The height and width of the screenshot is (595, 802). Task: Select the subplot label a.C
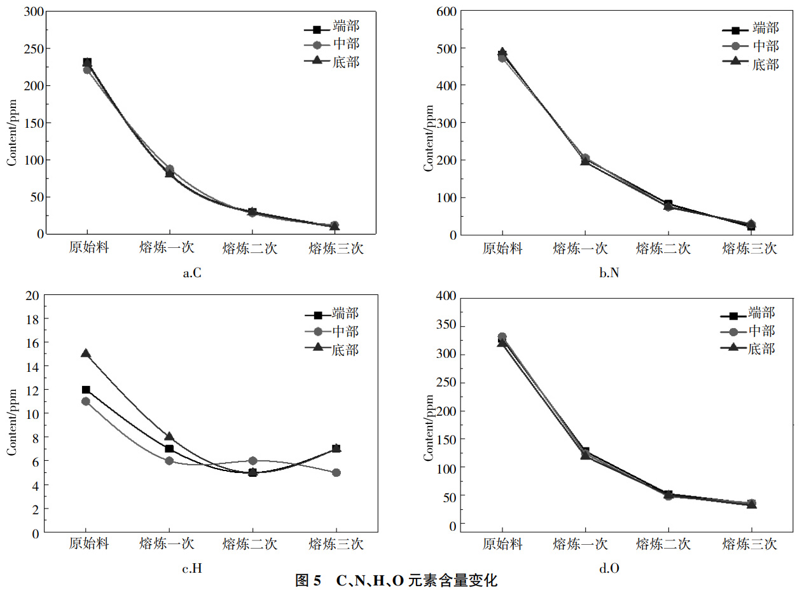point(192,274)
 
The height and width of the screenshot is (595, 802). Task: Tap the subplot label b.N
point(609,274)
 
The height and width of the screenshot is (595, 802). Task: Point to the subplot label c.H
point(192,569)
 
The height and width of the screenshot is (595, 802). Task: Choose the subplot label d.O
point(609,569)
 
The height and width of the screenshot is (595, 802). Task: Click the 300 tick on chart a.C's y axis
point(33,11)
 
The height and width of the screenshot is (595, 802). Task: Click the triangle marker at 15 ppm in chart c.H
point(86,353)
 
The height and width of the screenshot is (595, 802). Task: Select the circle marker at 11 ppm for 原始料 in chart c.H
point(86,401)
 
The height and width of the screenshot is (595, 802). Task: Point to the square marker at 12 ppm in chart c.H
point(86,390)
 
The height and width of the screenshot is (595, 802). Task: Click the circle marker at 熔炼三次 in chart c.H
point(336,472)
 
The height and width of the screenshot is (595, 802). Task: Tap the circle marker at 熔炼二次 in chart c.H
point(252,460)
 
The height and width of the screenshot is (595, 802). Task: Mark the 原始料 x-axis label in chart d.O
point(502,544)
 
